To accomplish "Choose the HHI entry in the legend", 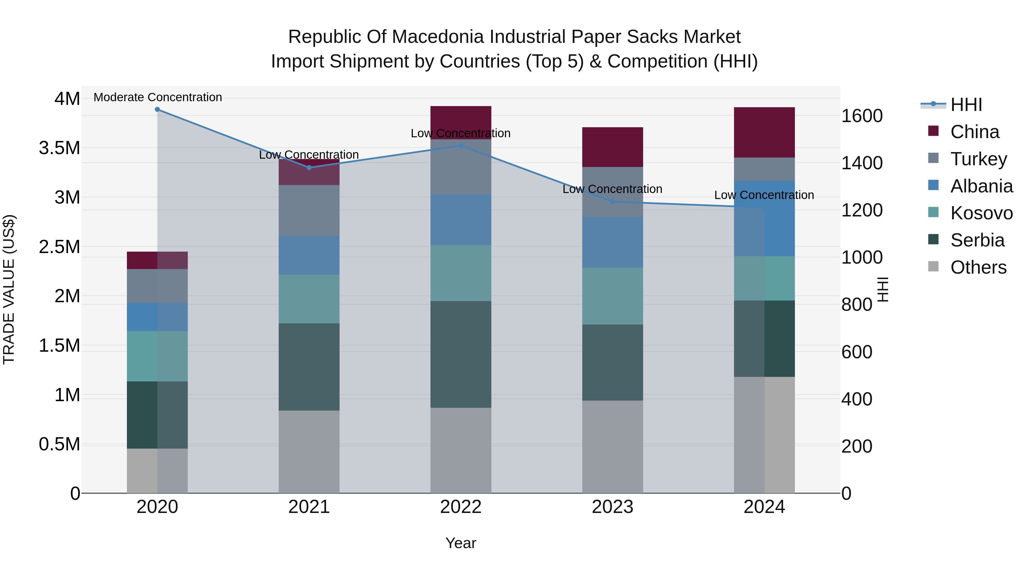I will click(x=966, y=105).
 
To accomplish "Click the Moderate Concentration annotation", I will click(x=158, y=97).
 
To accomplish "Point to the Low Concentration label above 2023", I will click(x=612, y=189).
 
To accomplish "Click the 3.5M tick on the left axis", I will click(x=59, y=148).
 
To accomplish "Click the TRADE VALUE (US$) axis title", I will click(x=9, y=289).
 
